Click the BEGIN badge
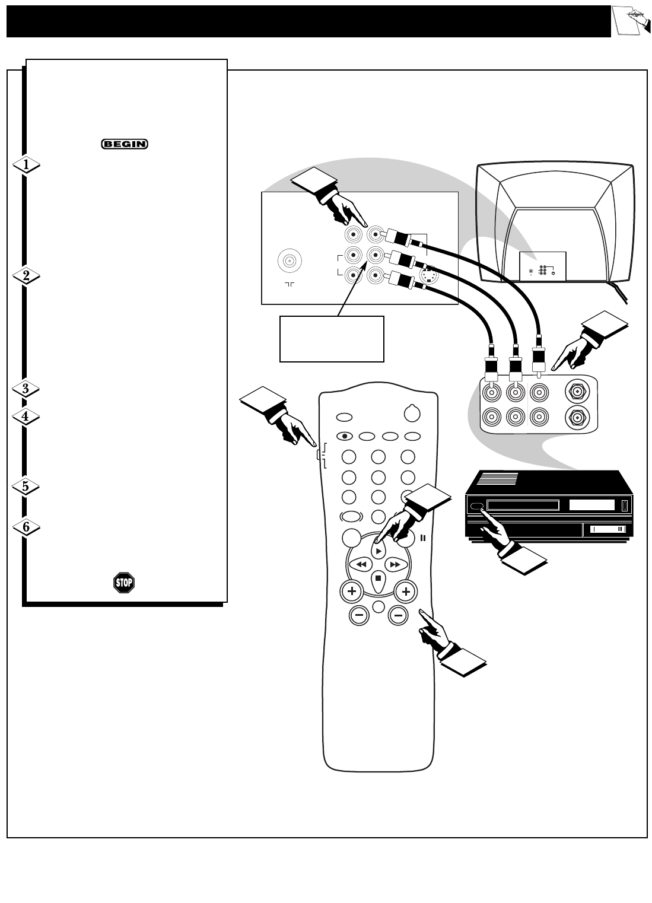[x=124, y=144]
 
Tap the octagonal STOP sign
[x=124, y=583]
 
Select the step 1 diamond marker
[x=26, y=164]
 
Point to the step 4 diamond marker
[x=26, y=416]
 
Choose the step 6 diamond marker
[x=26, y=527]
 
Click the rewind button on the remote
[x=361, y=564]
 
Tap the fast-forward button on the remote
[x=396, y=564]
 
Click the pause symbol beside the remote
[x=423, y=538]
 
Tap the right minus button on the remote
[x=398, y=616]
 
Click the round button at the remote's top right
[x=412, y=414]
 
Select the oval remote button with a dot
[x=344, y=436]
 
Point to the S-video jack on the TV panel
[x=428, y=276]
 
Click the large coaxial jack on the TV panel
[x=290, y=261]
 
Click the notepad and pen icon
[x=631, y=21]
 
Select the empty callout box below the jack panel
[x=332, y=339]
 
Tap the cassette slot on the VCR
[x=523, y=505]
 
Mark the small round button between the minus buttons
[x=379, y=607]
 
